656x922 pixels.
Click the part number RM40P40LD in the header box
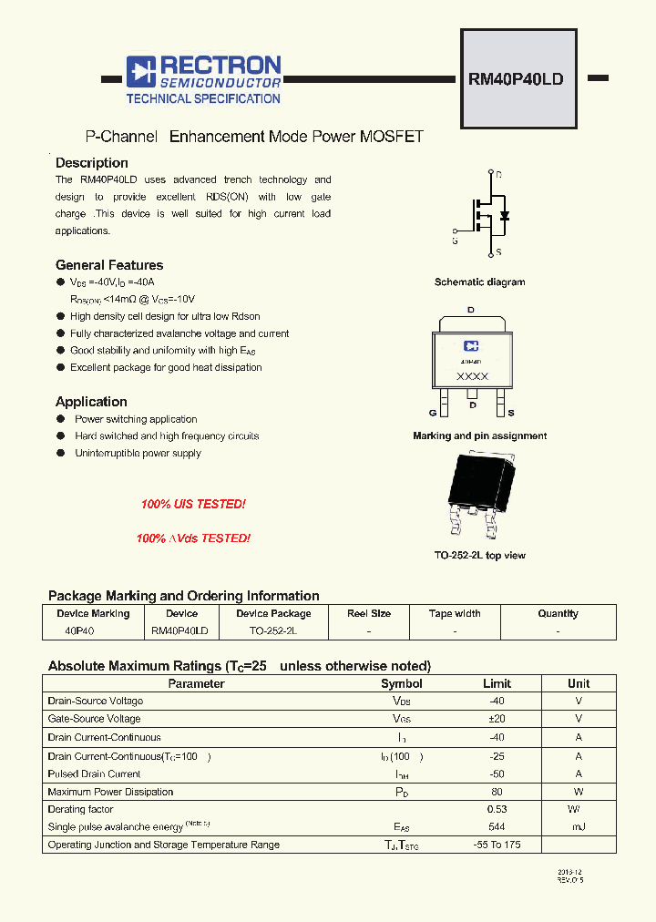[516, 78]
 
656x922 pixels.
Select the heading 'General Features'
[109, 265]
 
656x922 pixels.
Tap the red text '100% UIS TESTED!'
[193, 504]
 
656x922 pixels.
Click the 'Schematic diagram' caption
[479, 282]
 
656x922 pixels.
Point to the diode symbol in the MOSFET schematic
[505, 216]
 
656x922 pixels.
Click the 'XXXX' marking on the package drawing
[472, 376]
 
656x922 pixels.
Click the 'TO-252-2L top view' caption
[479, 555]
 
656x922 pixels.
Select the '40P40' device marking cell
[80, 630]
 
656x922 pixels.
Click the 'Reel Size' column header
[369, 614]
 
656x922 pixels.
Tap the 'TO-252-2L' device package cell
[273, 630]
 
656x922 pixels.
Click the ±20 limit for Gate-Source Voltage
[497, 719]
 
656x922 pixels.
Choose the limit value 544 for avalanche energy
[497, 826]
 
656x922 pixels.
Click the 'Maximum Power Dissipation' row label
[110, 792]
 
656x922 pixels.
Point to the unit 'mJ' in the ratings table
[579, 826]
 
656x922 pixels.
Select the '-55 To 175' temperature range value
[497, 845]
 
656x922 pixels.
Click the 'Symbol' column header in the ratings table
[402, 683]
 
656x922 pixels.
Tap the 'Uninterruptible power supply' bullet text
[138, 453]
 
